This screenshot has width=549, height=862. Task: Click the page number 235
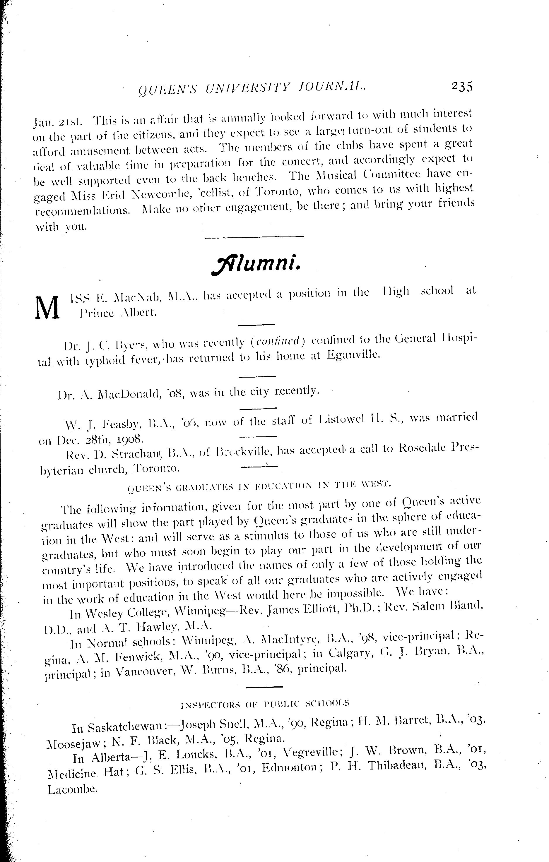(x=462, y=87)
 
